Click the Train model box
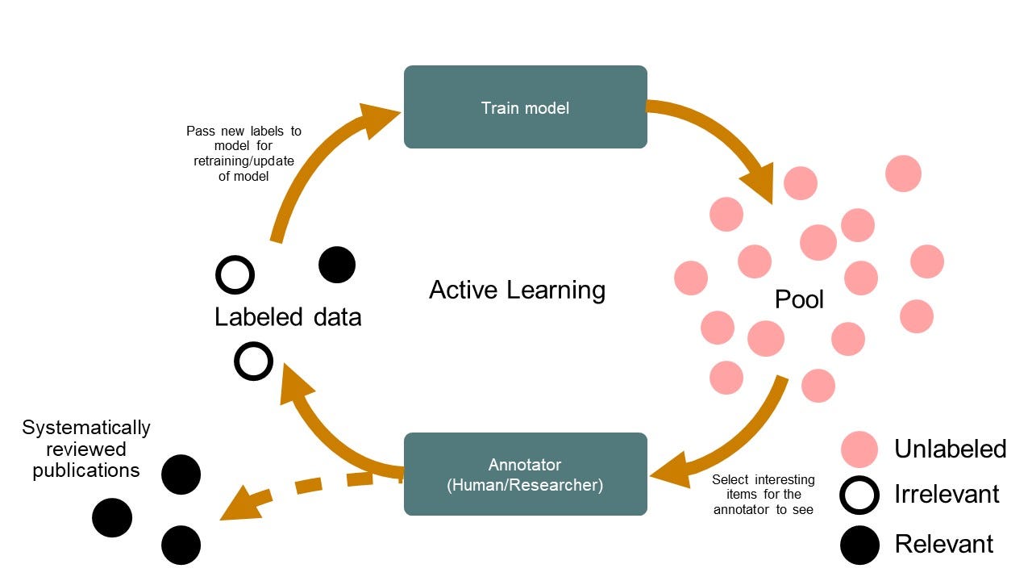525,107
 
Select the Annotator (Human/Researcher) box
525,474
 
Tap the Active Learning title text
517,290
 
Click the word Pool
799,299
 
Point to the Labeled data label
288,317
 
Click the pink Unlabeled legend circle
859,449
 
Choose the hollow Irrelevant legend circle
859,495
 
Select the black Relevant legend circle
859,545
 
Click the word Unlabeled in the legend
951,449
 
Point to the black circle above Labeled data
337,265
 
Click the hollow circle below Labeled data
253,361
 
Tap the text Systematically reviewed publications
86,449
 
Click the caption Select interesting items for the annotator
764,495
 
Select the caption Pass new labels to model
243,153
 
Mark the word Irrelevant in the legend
947,495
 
